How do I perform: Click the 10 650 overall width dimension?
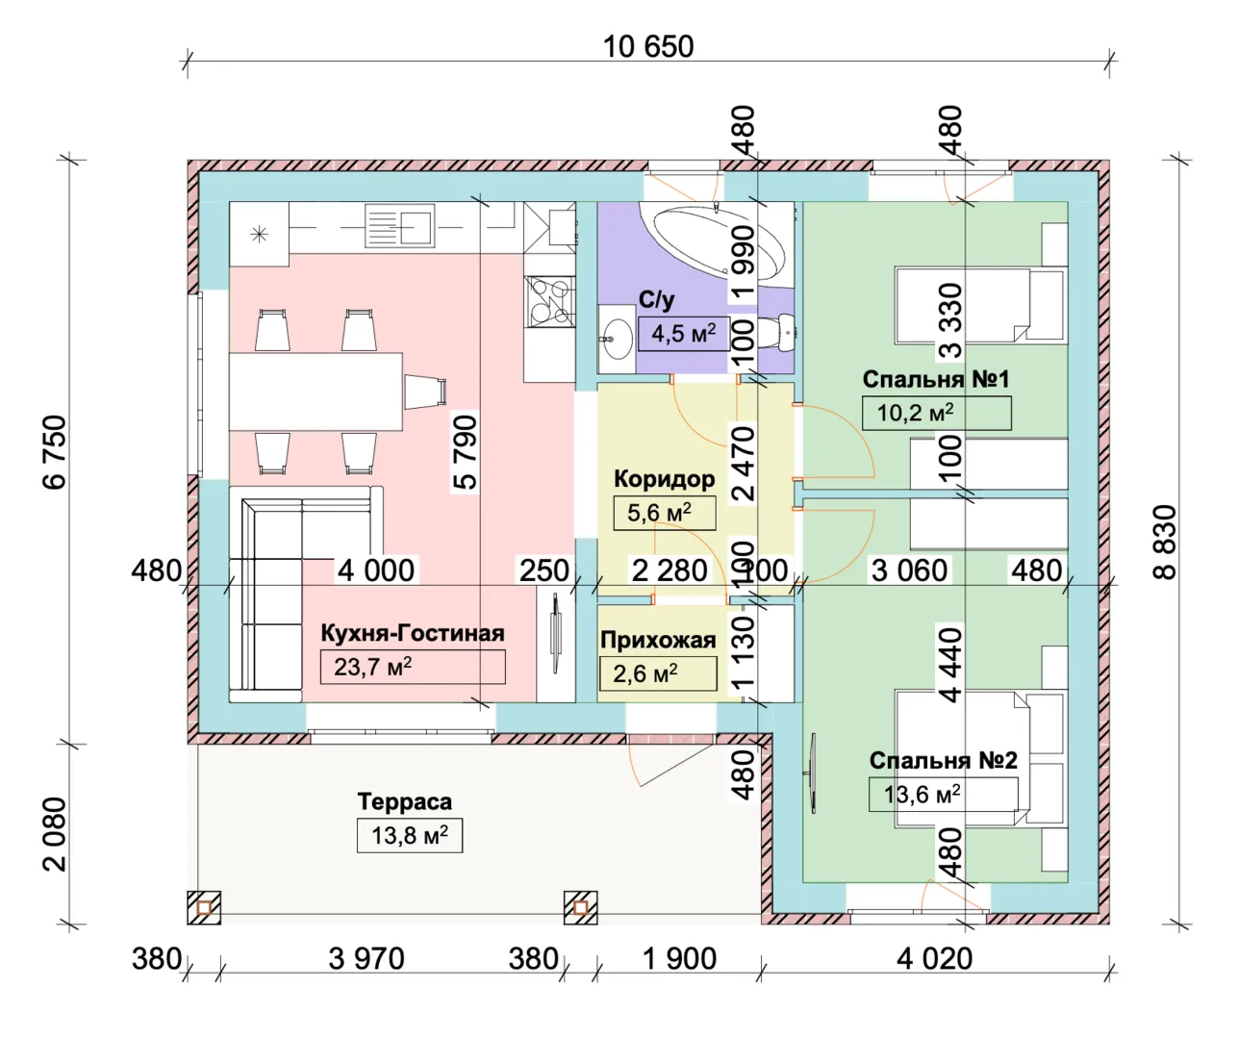647,46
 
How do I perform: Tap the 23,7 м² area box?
412,667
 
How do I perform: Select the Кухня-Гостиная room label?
412,633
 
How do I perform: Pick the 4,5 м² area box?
683,334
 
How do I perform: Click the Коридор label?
664,478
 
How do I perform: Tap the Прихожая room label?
658,640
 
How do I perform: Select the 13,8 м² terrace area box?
410,835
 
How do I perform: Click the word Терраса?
404,801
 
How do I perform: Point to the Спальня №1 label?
935,379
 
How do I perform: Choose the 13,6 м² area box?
943,795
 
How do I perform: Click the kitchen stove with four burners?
549,298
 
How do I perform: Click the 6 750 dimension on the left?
56,451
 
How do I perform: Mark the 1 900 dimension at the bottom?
679,958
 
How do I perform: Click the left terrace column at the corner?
204,907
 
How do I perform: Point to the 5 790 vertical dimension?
465,452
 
